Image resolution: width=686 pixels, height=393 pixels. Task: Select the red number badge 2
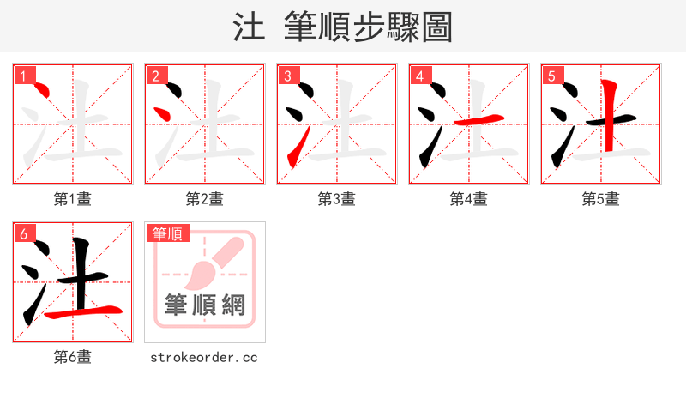click(156, 76)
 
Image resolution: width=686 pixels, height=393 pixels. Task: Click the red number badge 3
click(288, 76)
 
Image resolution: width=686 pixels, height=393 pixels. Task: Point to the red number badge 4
click(420, 76)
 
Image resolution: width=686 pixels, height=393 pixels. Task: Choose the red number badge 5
click(552, 76)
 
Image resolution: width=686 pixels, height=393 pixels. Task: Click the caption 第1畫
click(73, 199)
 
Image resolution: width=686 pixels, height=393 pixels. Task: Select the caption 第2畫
click(205, 199)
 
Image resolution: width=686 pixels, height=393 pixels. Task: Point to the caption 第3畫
click(337, 199)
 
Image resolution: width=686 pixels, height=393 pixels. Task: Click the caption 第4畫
click(469, 199)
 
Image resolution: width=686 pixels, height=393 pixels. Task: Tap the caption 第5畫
click(601, 199)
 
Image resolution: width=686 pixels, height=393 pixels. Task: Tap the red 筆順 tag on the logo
click(168, 233)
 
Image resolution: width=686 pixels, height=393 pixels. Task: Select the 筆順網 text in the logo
click(205, 305)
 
